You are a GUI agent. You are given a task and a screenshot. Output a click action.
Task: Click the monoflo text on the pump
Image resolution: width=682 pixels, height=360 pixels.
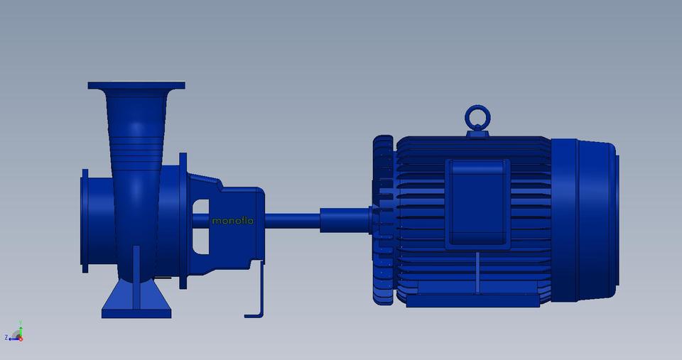click(232, 221)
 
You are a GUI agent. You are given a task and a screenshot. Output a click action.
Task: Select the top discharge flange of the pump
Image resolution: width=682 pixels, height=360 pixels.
click(136, 85)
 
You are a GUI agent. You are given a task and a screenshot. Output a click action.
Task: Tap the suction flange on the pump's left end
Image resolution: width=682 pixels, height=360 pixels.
click(85, 220)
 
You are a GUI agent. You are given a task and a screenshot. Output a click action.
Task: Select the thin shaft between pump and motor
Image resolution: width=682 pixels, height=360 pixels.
click(291, 219)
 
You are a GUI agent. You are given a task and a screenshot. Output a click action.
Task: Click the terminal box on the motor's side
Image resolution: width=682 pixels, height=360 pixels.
click(477, 203)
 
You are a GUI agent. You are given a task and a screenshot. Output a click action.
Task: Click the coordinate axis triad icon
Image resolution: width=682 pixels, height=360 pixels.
click(15, 334)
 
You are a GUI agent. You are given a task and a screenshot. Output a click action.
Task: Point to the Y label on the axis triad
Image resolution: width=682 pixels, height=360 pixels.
click(22, 322)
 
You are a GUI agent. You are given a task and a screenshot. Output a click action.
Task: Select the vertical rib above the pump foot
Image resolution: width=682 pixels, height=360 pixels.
click(136, 266)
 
